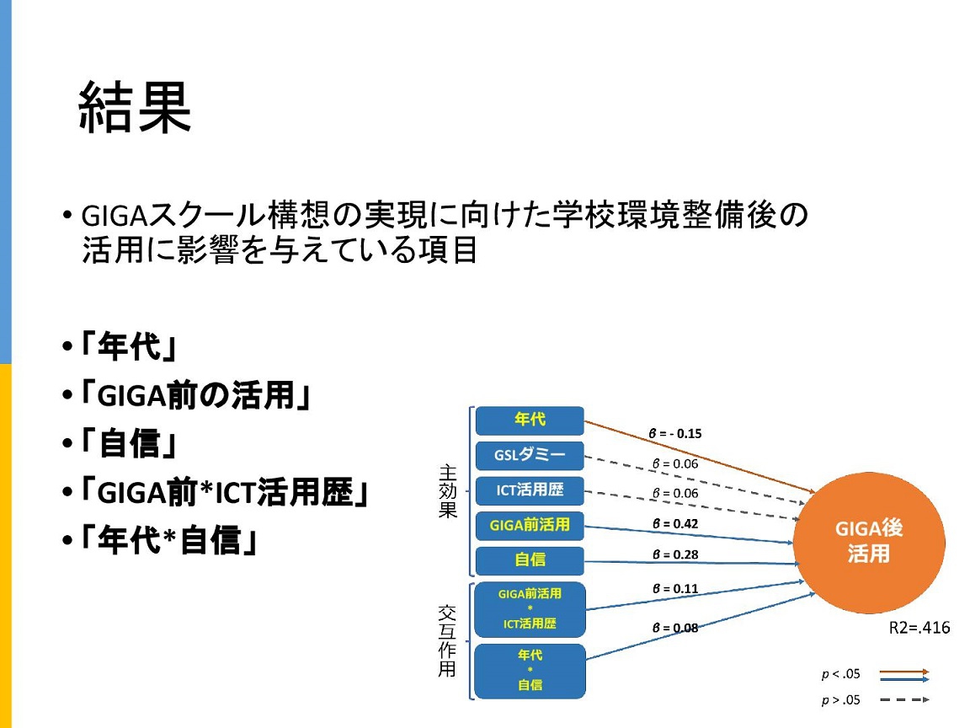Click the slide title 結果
(135, 108)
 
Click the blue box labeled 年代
(530, 420)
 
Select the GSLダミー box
(530, 455)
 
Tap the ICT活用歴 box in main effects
(530, 490)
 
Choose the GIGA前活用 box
(530, 525)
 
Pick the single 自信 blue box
(530, 560)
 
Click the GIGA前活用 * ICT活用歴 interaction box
(530, 609)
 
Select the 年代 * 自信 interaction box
(530, 671)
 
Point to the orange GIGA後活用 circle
(869, 543)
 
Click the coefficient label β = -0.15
(675, 433)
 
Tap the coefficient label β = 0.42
(675, 524)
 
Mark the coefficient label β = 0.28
(675, 554)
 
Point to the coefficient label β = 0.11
(675, 589)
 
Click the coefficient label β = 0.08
(675, 628)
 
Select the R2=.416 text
(919, 628)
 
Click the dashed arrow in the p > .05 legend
(904, 700)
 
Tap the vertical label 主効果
(448, 491)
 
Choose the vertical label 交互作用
(447, 640)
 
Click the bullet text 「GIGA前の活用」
(195, 395)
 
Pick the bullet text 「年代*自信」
(168, 540)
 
